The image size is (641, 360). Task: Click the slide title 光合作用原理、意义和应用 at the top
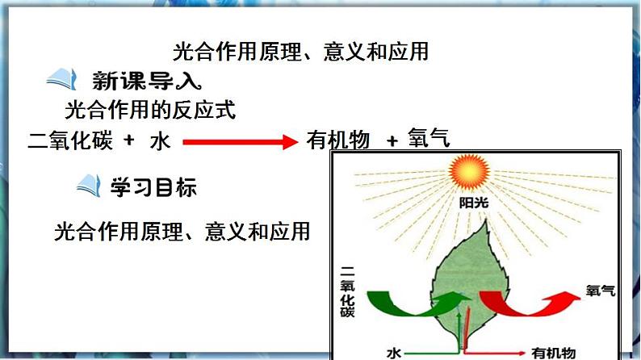tap(300, 52)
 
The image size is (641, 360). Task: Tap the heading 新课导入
tap(146, 81)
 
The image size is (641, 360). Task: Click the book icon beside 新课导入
tap(61, 79)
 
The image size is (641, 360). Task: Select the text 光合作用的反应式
tap(150, 110)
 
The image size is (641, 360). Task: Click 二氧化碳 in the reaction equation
tap(70, 140)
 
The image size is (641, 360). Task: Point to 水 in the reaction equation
tap(160, 141)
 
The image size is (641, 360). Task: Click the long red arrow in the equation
tap(241, 142)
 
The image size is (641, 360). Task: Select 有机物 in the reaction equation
tap(338, 140)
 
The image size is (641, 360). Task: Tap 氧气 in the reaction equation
tap(429, 137)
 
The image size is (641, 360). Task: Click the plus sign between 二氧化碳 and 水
tap(129, 140)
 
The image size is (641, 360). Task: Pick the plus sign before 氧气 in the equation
tap(392, 141)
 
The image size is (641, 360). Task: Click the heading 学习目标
tap(153, 187)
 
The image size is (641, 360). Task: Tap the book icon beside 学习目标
tap(89, 186)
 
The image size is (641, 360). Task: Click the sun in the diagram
tap(469, 172)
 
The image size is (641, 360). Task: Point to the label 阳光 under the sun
tap(473, 203)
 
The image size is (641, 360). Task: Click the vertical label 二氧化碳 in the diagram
tap(347, 291)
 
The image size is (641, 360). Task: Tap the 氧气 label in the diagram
tap(600, 291)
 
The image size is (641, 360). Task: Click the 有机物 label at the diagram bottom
tap(553, 353)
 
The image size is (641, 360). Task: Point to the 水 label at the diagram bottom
tap(394, 353)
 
